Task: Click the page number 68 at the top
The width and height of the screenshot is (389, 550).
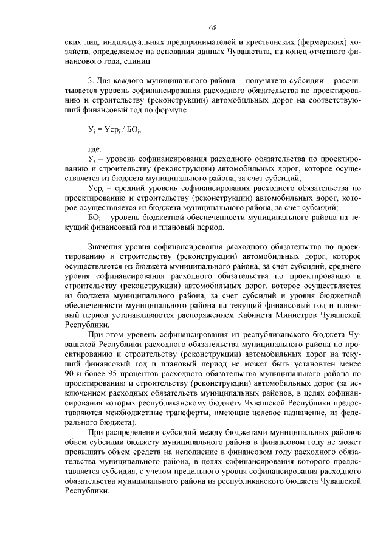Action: (x=213, y=27)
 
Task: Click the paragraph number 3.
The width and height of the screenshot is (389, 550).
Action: (x=90, y=81)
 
